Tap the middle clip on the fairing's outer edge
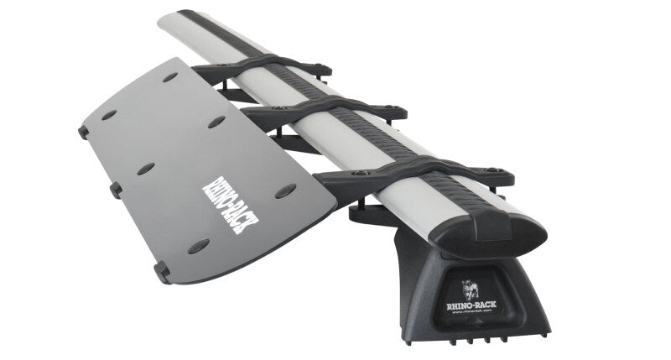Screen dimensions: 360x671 (117, 190)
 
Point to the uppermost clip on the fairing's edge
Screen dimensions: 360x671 (84, 131)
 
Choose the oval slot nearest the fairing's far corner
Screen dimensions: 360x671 (170, 77)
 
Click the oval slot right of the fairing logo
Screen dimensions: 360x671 (285, 190)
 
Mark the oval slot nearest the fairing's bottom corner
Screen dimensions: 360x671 (199, 245)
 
